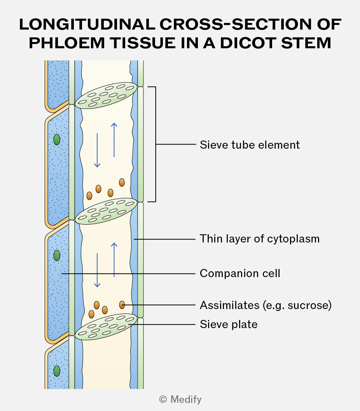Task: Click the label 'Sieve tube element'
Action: (250, 145)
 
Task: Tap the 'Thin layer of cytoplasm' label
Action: (259, 239)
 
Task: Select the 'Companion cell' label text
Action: (240, 274)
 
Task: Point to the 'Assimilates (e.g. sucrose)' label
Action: (266, 306)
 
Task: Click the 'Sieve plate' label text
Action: (229, 325)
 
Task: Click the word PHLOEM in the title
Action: (67, 43)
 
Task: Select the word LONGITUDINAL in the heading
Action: (87, 25)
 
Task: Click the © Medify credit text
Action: (180, 399)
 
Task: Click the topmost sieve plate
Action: (106, 95)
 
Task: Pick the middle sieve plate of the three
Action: (106, 211)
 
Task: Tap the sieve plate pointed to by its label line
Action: (106, 327)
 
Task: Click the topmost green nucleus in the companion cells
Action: (57, 139)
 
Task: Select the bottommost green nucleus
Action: (57, 371)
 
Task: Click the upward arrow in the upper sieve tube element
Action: (114, 140)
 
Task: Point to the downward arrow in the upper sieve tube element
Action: (97, 150)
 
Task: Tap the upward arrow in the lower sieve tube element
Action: (114, 260)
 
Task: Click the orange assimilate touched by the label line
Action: (122, 305)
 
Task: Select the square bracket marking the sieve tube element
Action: (156, 144)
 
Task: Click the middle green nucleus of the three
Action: (57, 256)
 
